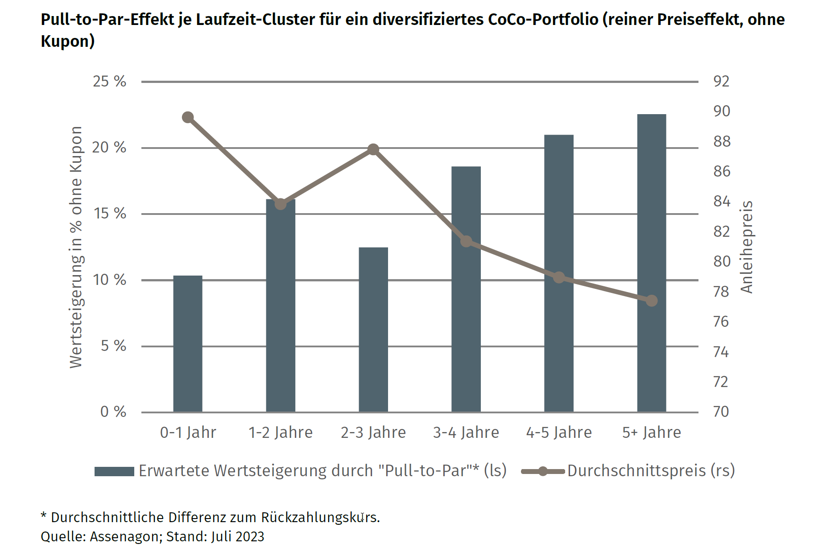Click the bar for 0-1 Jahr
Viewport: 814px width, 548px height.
click(x=188, y=343)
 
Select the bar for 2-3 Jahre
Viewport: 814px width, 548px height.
click(x=373, y=330)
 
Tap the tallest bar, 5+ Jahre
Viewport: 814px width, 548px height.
click(x=651, y=263)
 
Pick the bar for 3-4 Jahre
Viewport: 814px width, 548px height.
click(x=466, y=290)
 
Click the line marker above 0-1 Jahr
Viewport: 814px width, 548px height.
click(x=188, y=117)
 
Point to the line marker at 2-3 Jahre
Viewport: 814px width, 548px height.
click(x=373, y=149)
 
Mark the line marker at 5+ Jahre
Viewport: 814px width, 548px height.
click(x=652, y=301)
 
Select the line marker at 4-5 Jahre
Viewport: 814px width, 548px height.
click(x=559, y=277)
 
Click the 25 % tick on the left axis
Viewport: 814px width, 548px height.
click(x=109, y=82)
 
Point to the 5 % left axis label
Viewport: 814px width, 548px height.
click(x=113, y=346)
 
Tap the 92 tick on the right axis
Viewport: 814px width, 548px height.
click(x=721, y=82)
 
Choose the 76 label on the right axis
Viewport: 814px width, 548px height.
click(x=721, y=321)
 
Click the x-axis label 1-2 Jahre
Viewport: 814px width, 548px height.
click(x=281, y=433)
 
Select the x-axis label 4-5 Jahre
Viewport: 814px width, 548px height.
click(x=559, y=433)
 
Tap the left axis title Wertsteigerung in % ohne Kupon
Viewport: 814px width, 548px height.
click(x=76, y=247)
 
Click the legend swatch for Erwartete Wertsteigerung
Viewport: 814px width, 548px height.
click(x=114, y=471)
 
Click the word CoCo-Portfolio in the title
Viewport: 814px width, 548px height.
click(x=543, y=20)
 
